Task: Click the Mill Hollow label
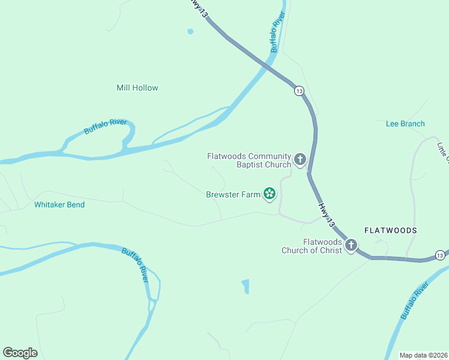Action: point(137,88)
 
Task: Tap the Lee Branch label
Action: point(405,124)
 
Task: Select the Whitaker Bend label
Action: point(59,205)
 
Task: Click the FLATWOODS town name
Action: point(390,230)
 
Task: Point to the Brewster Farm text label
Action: point(233,194)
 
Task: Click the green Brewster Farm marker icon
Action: point(270,193)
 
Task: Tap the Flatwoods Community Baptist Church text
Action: point(249,160)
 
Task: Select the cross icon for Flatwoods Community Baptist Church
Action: point(300,160)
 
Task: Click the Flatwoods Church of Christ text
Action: point(312,246)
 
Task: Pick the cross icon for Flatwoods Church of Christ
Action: point(351,245)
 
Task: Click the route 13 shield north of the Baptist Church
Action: point(299,91)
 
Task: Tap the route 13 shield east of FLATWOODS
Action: point(440,256)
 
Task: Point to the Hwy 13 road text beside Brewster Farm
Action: point(327,215)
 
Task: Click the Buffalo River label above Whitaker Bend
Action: point(106,127)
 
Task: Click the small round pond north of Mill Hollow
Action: point(190,32)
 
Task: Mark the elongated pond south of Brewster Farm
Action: point(245,286)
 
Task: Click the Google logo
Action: point(20,353)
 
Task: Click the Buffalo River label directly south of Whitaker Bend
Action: point(135,264)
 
